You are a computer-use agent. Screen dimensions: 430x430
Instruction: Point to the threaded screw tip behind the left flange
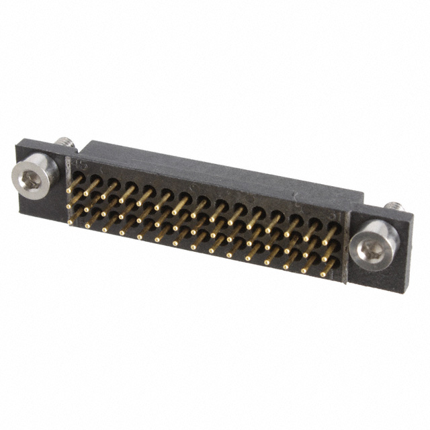[x=64, y=142]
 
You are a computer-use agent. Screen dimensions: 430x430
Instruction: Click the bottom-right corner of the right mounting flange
[x=403, y=294]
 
